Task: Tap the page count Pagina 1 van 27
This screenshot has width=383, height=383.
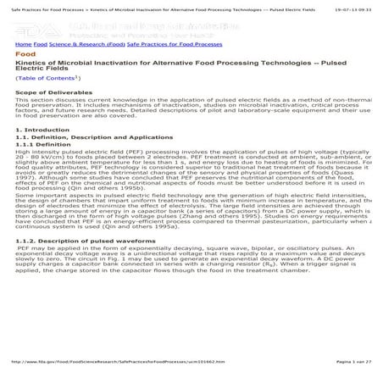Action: coord(354,361)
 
